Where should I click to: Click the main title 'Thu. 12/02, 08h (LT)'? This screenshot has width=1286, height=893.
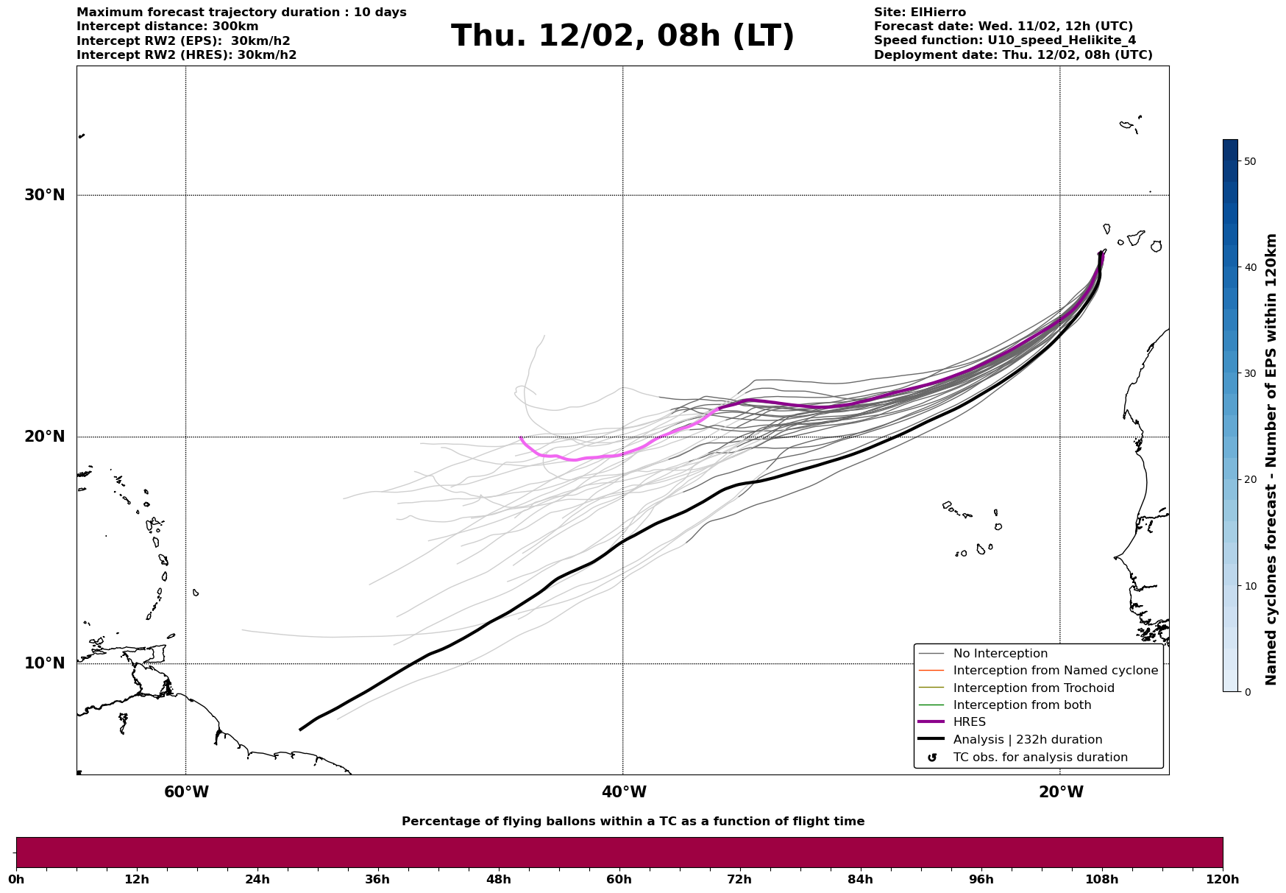(x=622, y=36)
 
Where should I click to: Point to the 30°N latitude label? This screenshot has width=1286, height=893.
(x=45, y=195)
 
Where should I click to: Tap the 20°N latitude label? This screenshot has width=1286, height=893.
(x=45, y=437)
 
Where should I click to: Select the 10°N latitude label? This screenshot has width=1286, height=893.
(x=45, y=663)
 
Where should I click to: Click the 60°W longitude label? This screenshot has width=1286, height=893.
(x=186, y=792)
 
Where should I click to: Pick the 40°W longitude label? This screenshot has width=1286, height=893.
(x=624, y=792)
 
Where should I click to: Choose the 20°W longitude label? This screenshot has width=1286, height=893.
(x=1061, y=792)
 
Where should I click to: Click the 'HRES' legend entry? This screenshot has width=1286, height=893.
(x=969, y=722)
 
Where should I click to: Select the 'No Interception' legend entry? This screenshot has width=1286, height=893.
(x=1000, y=654)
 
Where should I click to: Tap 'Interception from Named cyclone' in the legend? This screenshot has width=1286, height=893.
(x=1055, y=671)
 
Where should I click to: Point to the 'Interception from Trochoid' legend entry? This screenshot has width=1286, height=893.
(x=1033, y=688)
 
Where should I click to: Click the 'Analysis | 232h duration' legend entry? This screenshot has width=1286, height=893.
(x=1027, y=740)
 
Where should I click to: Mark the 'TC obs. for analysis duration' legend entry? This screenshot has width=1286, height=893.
(x=1040, y=758)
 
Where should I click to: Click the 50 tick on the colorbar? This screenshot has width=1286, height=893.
(x=1249, y=161)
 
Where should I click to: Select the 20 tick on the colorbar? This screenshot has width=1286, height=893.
(x=1249, y=479)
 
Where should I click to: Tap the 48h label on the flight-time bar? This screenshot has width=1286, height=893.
(x=498, y=879)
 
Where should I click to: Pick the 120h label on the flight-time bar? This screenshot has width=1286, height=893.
(x=1223, y=879)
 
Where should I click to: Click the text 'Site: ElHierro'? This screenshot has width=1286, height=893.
(x=920, y=13)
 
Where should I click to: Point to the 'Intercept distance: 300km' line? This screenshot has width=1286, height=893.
(x=168, y=27)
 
